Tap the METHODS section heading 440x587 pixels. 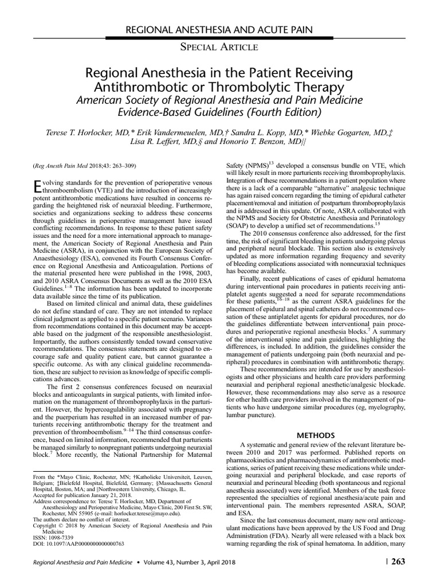[x=317, y=451]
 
